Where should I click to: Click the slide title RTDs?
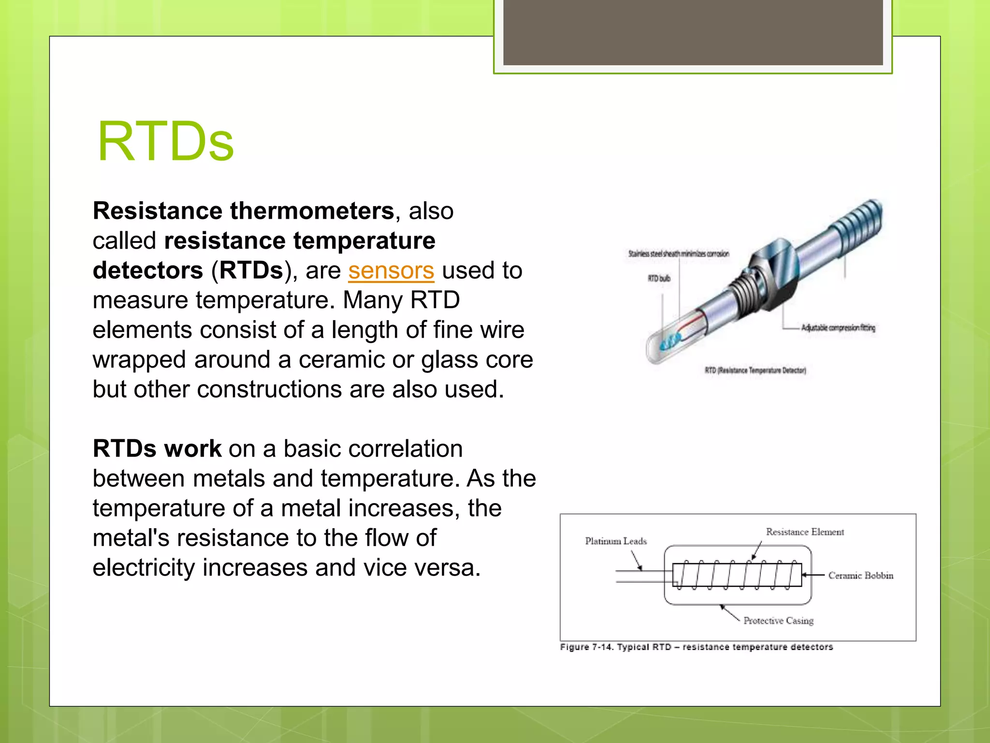pyautogui.click(x=165, y=142)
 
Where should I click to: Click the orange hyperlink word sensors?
pyautogui.click(x=391, y=270)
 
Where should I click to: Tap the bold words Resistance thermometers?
pyautogui.click(x=243, y=211)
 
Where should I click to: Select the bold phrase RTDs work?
pyautogui.click(x=157, y=448)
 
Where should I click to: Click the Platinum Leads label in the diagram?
pyautogui.click(x=615, y=541)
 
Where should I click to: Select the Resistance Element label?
pyautogui.click(x=804, y=532)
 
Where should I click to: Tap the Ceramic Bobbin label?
pyautogui.click(x=860, y=575)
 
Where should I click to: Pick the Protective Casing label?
pyautogui.click(x=778, y=621)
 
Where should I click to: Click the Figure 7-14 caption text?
pyautogui.click(x=696, y=647)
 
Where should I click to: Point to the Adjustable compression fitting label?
pyautogui.click(x=838, y=328)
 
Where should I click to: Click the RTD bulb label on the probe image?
pyautogui.click(x=658, y=278)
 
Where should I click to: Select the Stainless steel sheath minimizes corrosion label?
pyautogui.click(x=678, y=253)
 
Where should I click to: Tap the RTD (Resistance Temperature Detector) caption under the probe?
pyautogui.click(x=755, y=371)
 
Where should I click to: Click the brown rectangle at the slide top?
pyautogui.click(x=693, y=32)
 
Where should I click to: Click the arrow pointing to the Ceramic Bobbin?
pyautogui.click(x=813, y=575)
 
